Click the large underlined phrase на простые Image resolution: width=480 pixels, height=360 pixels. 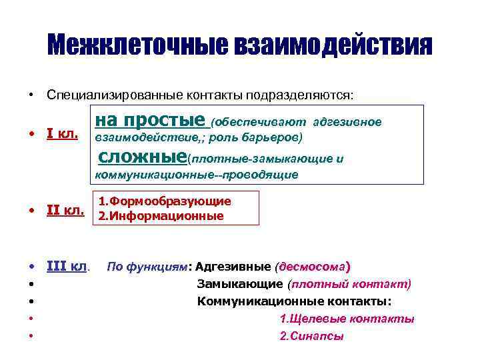(x=151, y=121)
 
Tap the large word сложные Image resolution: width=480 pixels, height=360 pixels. (x=142, y=157)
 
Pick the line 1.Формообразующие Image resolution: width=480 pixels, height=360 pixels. (x=165, y=201)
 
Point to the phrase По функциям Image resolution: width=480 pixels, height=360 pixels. (x=147, y=267)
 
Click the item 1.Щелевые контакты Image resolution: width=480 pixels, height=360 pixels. (x=347, y=319)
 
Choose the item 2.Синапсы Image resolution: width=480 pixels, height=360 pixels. (x=311, y=337)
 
